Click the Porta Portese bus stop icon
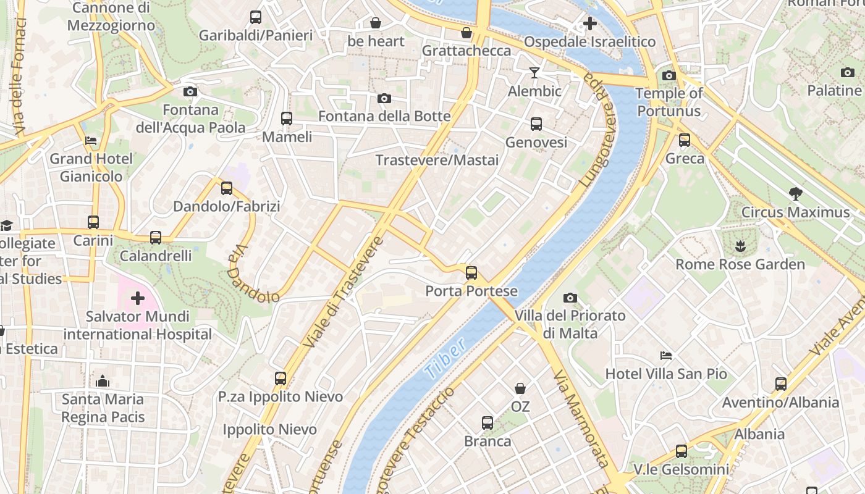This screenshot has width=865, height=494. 471,272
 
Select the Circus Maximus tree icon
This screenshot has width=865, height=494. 796,194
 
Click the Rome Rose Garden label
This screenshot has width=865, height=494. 740,264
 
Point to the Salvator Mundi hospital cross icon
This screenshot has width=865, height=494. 137,299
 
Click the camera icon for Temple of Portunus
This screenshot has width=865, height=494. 669,76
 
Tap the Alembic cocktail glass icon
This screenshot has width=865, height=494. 534,73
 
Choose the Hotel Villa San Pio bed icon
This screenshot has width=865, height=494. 666,356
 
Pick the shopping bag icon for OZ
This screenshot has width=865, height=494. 520,388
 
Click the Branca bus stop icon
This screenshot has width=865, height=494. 487,423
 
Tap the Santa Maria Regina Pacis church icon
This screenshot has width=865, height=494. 103,381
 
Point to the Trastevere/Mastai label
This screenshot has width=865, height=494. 437,160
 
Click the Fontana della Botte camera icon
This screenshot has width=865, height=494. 384,99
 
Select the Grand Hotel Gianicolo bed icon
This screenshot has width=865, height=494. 91,141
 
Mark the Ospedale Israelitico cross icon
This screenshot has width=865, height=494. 590,23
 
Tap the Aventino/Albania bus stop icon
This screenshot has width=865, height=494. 781,384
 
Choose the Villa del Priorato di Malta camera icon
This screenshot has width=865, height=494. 570,298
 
